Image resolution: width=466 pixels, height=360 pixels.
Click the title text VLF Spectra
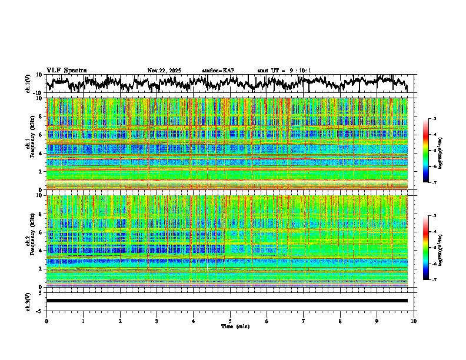pyautogui.click(x=66, y=70)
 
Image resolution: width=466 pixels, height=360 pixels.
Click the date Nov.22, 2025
pyautogui.click(x=164, y=71)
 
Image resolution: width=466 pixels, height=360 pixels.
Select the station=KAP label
pyautogui.click(x=218, y=71)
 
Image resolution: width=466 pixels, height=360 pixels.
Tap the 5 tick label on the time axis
pyautogui.click(x=230, y=321)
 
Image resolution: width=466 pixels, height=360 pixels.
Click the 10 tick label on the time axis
pyautogui.click(x=414, y=321)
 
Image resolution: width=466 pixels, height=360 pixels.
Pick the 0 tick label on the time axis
pyautogui.click(x=46, y=321)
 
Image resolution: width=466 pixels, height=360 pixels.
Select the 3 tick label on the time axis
pyautogui.click(x=157, y=321)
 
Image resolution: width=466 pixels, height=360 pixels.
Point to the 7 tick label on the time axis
pyautogui.click(x=304, y=321)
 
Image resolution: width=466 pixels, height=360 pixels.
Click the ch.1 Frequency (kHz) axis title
pyautogui.click(x=28, y=144)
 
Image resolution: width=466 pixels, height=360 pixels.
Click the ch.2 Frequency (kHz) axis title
pyautogui.click(x=28, y=241)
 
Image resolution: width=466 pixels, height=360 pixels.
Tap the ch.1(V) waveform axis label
pyautogui.click(x=28, y=84)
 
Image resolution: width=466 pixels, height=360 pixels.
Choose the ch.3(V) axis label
pyautogui.click(x=28, y=301)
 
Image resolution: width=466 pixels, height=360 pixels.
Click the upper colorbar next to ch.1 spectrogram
pyautogui.click(x=425, y=151)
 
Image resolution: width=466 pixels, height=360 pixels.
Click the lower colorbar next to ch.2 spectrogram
pyautogui.click(x=425, y=248)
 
